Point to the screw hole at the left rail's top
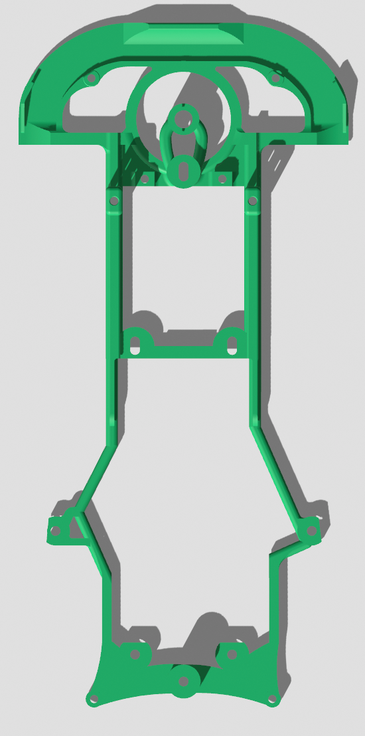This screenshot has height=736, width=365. pos(114,199)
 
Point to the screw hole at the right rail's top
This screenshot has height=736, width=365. pos(252,199)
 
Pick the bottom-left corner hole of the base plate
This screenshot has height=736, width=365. pos(93,699)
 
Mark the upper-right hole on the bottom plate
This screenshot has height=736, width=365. pos(232,654)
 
